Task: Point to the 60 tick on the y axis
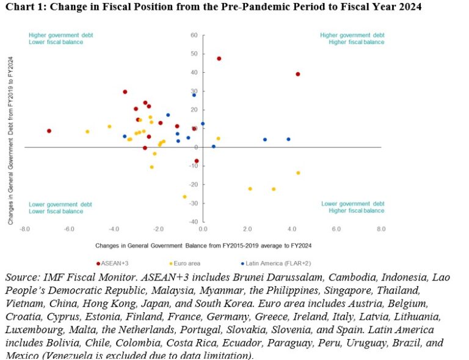click(194, 35)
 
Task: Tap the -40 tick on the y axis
click(193, 222)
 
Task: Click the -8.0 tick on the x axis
click(25, 229)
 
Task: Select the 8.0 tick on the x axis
click(381, 229)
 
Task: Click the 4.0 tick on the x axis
click(292, 229)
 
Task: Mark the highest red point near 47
click(219, 59)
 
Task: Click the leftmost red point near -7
click(49, 131)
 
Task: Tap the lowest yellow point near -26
click(184, 197)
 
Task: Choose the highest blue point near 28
click(194, 95)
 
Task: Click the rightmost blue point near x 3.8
click(288, 139)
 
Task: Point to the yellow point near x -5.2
click(87, 131)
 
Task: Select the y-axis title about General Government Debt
click(10, 145)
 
